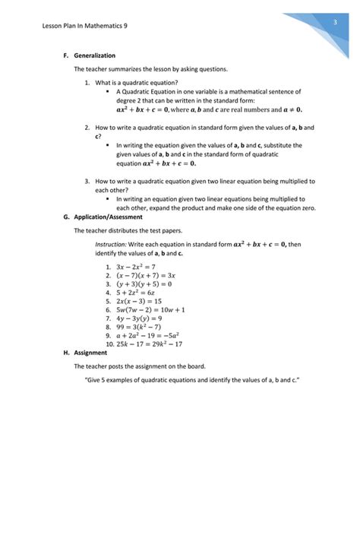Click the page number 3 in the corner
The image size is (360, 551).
point(334,24)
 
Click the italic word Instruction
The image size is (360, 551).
point(110,245)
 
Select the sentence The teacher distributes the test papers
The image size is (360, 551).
point(128,230)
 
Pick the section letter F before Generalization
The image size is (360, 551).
point(65,55)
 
